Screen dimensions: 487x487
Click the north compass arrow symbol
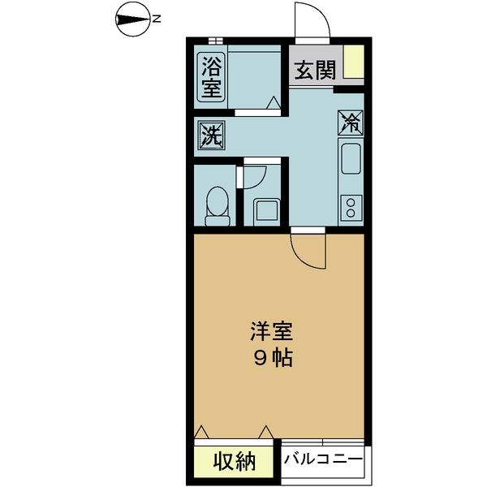click(130, 18)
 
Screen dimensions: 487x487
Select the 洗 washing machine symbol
click(211, 134)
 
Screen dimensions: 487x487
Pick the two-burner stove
click(351, 207)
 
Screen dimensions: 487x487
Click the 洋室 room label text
click(271, 330)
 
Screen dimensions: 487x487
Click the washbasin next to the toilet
click(267, 211)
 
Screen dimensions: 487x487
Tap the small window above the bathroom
click(216, 40)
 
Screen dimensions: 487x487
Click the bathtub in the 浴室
click(252, 75)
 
